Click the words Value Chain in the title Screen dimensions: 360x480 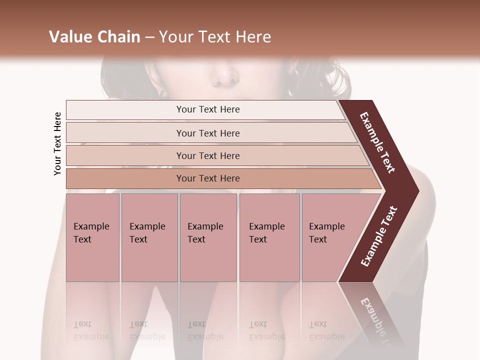(x=94, y=37)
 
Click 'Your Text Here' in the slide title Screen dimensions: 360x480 (x=215, y=37)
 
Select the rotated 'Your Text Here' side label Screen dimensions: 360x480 (x=57, y=144)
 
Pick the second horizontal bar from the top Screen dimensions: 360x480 (x=207, y=133)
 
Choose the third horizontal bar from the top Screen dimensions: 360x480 (x=207, y=155)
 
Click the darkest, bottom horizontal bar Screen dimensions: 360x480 (x=207, y=178)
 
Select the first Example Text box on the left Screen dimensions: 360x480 (x=92, y=237)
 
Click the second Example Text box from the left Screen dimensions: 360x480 (x=149, y=237)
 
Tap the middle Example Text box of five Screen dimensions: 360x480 (x=208, y=237)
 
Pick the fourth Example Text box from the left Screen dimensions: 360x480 (x=269, y=237)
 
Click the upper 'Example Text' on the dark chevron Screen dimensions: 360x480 (x=377, y=142)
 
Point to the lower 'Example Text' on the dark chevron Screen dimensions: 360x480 (x=379, y=236)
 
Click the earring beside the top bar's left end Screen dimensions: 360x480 (x=162, y=93)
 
